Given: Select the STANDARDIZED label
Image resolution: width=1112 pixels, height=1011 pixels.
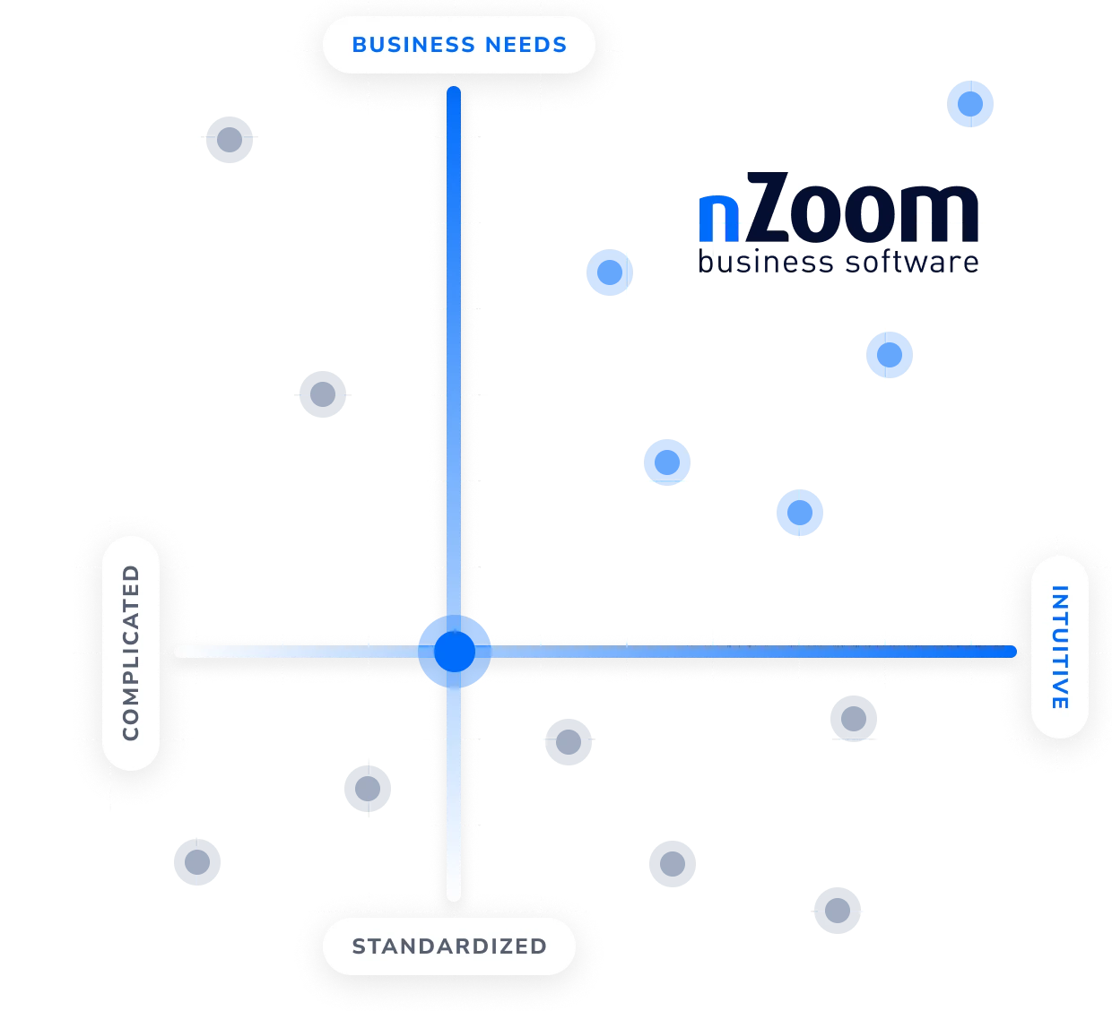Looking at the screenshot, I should tap(449, 946).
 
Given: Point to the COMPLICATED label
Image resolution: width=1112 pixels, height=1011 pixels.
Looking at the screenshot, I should tap(131, 652).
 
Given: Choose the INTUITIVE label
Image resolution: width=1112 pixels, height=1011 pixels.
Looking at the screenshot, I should tap(1060, 647).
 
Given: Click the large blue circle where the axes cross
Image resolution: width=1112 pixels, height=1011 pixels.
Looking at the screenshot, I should tap(455, 652).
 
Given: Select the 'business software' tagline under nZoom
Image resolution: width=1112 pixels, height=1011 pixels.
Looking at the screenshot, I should tap(838, 262).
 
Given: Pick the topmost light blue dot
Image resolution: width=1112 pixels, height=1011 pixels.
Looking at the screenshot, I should tap(971, 104).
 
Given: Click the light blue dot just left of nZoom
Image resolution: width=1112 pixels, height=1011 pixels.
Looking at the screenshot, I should tap(608, 272).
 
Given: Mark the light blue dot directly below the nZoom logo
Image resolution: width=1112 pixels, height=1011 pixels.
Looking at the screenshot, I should tap(889, 355).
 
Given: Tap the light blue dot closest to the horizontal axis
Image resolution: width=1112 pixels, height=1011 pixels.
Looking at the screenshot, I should tap(799, 513).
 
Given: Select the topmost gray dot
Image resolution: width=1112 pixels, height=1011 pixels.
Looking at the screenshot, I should tap(230, 140).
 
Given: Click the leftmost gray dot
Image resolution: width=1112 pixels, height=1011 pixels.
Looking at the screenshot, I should tap(197, 863).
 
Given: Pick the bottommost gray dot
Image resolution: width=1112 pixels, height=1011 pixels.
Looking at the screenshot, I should tap(836, 910).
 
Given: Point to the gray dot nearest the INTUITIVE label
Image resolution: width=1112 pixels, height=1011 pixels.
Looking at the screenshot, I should tap(853, 719).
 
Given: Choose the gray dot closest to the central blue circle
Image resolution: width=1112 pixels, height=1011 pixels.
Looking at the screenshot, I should tap(569, 741).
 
